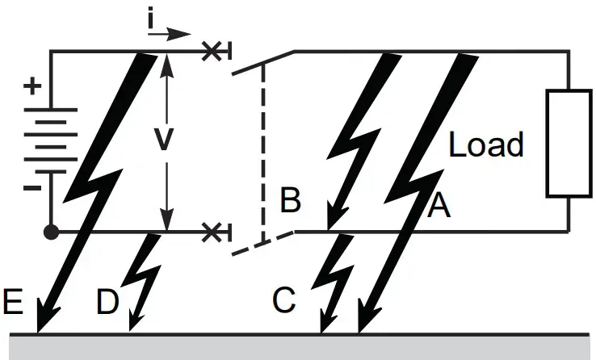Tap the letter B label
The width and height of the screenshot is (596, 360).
[290, 200]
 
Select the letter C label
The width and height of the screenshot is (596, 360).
[284, 301]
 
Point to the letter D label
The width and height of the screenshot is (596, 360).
[108, 303]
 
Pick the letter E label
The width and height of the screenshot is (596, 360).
[13, 303]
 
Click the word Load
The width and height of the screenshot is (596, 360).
[486, 145]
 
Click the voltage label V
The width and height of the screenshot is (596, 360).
[164, 140]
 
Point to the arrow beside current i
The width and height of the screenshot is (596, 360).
[176, 34]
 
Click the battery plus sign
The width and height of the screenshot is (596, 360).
[32, 86]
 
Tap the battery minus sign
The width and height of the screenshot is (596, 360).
[32, 188]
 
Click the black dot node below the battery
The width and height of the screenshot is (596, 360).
[51, 232]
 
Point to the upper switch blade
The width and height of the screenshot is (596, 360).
[262, 63]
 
